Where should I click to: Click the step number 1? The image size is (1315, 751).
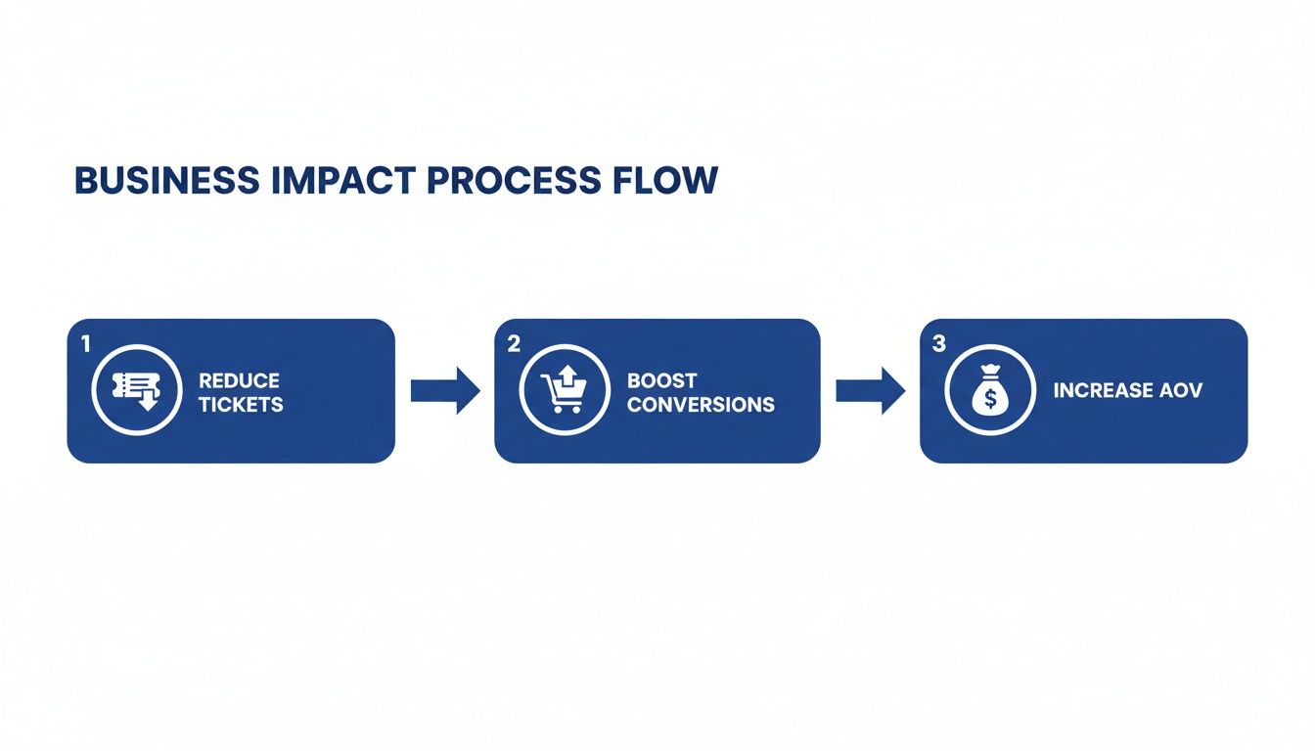point(85,343)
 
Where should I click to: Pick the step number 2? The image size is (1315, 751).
point(514,343)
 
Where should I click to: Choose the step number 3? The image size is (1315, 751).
point(939,343)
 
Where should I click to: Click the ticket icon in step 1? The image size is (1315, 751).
point(136,390)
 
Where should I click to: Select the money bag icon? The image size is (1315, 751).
point(990,390)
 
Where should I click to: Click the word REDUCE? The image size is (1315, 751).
point(239,380)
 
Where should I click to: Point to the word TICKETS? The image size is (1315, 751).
point(241,404)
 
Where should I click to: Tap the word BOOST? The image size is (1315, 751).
point(662,380)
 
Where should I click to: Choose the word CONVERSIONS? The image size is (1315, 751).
point(701,404)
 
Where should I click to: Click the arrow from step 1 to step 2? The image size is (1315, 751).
point(445,391)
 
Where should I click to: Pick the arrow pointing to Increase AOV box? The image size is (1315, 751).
point(871,391)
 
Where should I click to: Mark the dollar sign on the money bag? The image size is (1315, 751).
point(990,397)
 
